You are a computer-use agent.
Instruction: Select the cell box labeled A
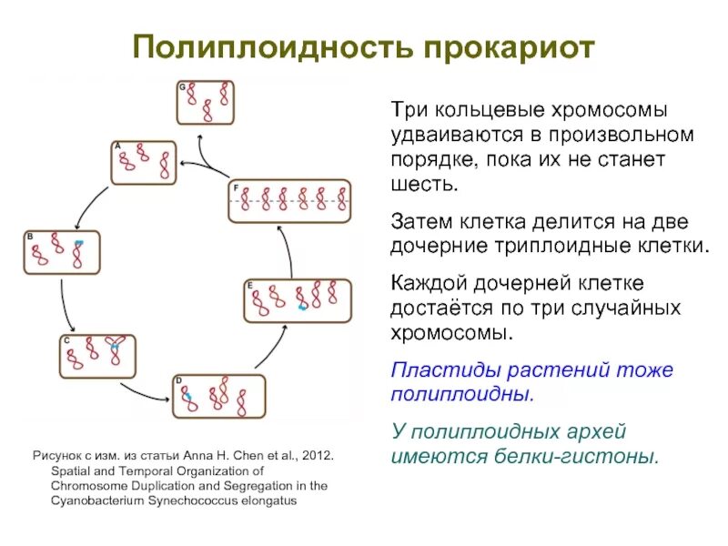[x=144, y=163]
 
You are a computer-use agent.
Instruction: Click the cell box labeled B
[x=61, y=253]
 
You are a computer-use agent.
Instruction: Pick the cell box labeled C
[x=97, y=356]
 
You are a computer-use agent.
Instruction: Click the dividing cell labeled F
[x=288, y=200]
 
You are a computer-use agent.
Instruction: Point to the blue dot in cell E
[x=303, y=308]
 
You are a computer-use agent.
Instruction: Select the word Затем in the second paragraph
[x=420, y=222]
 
